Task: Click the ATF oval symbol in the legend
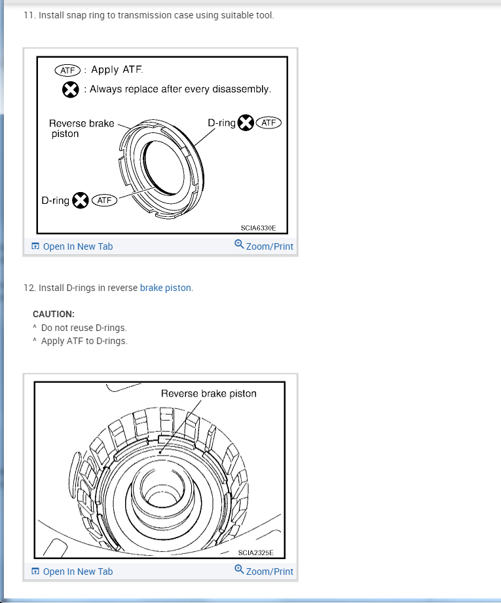pyautogui.click(x=67, y=70)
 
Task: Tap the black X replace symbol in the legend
pyautogui.click(x=71, y=89)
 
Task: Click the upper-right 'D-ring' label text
pyautogui.click(x=221, y=123)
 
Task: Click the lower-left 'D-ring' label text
pyautogui.click(x=55, y=201)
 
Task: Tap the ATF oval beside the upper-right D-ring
pyautogui.click(x=269, y=123)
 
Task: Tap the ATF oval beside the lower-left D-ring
pyautogui.click(x=104, y=201)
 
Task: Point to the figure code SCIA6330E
pyautogui.click(x=259, y=228)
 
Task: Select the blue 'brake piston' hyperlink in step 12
pyautogui.click(x=166, y=288)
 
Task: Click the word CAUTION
pyautogui.click(x=54, y=314)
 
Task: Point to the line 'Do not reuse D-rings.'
pyautogui.click(x=83, y=328)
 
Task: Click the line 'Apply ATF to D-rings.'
pyautogui.click(x=84, y=341)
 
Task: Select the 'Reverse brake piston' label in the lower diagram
pyautogui.click(x=208, y=393)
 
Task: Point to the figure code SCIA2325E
pyautogui.click(x=256, y=553)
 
